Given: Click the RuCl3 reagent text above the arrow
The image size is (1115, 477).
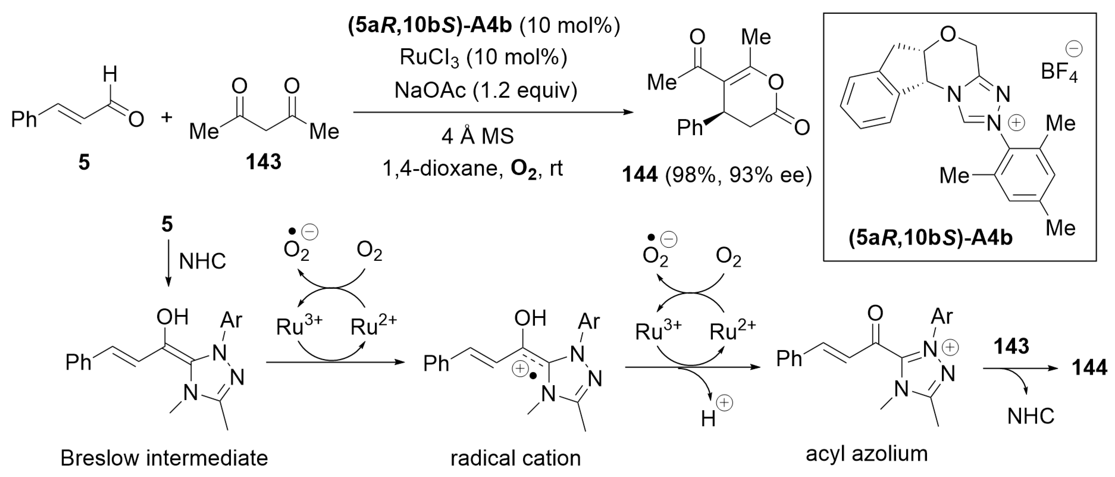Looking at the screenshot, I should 483,58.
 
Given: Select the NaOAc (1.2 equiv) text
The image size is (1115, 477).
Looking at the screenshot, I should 486,90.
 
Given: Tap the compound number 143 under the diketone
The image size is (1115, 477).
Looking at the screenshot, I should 263,162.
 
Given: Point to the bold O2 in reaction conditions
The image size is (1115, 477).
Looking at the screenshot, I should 523,169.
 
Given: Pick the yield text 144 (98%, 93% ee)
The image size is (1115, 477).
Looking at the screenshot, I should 716,175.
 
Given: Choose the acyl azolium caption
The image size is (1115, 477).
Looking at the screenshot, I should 867,454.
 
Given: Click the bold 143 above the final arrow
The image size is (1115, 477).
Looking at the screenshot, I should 1011,346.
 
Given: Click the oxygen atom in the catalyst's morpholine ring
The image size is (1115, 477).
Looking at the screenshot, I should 948,34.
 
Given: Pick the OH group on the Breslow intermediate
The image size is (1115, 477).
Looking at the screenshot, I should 172,318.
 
